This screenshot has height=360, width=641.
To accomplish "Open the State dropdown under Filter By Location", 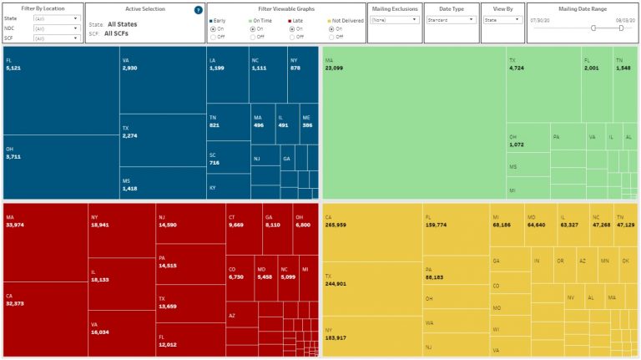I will [57, 18].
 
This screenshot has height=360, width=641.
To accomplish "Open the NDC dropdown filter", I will [57, 28].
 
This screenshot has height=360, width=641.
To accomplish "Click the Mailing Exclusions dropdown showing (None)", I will [394, 18].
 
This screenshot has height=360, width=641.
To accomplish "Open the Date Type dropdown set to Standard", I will [451, 18].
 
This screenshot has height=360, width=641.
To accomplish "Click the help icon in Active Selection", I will [198, 10].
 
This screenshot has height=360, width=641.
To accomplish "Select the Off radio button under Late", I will [291, 36].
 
